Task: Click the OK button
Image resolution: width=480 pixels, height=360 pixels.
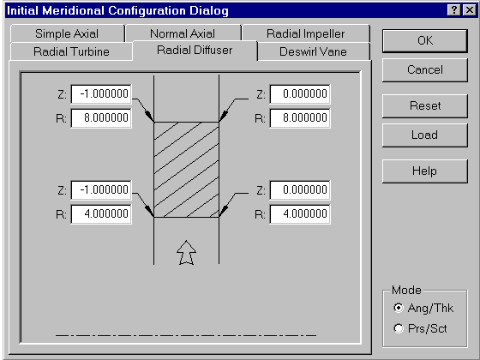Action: point(425,41)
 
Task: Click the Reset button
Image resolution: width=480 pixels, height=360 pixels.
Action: point(425,106)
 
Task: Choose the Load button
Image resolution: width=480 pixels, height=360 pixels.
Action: point(425,135)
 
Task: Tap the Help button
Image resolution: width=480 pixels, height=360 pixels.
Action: point(425,171)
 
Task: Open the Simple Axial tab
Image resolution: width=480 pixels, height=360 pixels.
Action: point(67,33)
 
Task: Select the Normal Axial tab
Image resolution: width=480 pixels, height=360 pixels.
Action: point(183,33)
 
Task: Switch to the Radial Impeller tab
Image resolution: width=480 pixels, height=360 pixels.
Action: point(306,33)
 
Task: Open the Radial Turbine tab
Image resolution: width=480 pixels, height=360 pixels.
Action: point(71,51)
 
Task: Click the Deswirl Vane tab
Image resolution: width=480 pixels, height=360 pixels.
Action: point(313,51)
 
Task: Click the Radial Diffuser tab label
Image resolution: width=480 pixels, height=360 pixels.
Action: point(195,50)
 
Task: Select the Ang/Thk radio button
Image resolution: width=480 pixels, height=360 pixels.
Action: point(399,308)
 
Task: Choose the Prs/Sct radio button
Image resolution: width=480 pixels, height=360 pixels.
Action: point(399,328)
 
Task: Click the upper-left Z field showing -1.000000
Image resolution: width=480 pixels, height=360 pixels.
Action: point(101,93)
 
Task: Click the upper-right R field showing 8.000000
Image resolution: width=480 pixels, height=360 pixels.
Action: point(300,118)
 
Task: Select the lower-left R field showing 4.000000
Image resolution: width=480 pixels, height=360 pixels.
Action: point(101,214)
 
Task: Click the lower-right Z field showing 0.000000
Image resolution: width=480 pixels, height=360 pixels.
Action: point(300,189)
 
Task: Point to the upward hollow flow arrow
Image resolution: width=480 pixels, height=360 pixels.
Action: point(187,253)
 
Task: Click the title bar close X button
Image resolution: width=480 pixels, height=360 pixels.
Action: point(470,10)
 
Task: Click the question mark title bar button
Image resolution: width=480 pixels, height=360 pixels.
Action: point(454,10)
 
